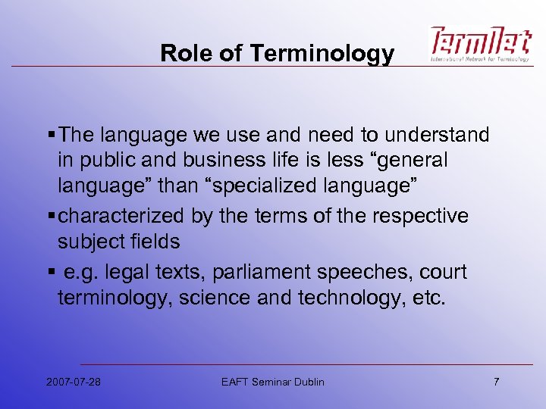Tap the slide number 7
(496, 382)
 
